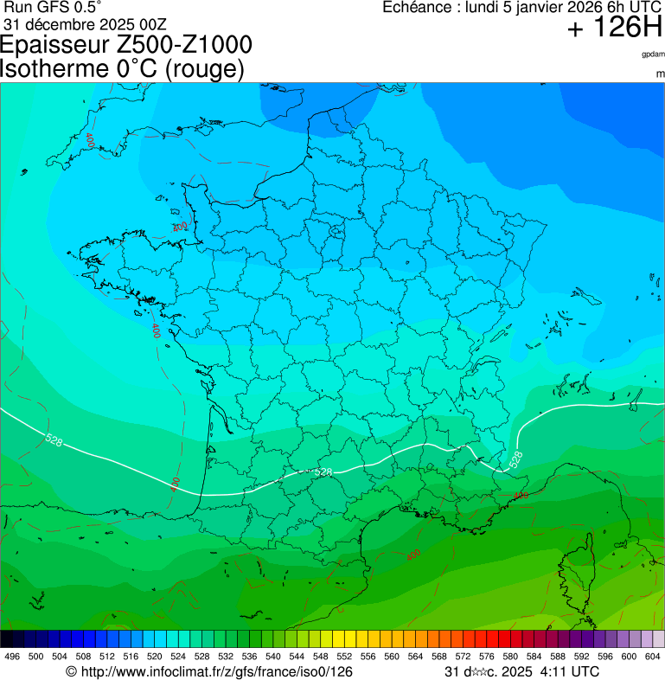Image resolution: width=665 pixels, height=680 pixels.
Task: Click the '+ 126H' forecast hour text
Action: [614, 29]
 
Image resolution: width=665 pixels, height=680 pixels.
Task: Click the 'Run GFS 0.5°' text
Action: [53, 8]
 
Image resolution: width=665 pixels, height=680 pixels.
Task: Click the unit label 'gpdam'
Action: [653, 55]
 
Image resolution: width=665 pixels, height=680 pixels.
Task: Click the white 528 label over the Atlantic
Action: [54, 441]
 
